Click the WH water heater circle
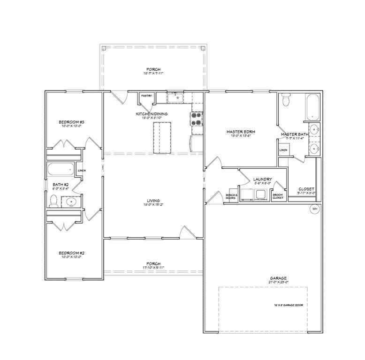[314, 209]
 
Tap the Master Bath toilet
[288, 100]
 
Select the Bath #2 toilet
[54, 201]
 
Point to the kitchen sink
[177, 97]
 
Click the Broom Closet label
[278, 196]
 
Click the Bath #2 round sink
[71, 202]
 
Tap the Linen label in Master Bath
[283, 150]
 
